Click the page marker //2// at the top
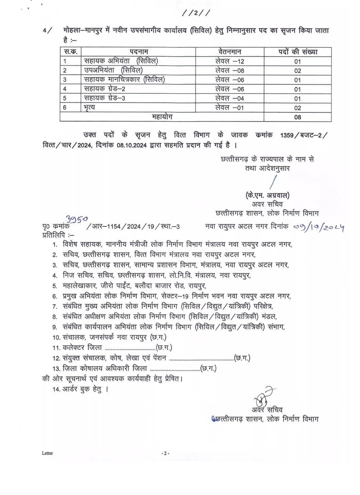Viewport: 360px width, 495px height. (196, 13)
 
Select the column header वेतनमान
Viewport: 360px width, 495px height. (230, 52)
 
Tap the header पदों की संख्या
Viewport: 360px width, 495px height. (298, 52)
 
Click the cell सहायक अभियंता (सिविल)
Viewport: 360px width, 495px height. (121, 61)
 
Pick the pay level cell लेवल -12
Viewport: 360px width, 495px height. (230, 61)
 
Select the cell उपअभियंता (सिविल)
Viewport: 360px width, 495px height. (113, 70)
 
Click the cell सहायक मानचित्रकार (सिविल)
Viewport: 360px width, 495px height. (124, 79)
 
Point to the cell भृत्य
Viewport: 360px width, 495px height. (90, 108)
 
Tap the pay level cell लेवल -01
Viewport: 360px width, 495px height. (230, 108)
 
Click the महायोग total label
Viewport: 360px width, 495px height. (162, 117)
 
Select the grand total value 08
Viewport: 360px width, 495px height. (298, 117)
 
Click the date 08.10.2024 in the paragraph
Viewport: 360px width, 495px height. (132, 145)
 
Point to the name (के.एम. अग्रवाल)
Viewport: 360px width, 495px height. (267, 195)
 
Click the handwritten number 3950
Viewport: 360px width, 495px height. (77, 219)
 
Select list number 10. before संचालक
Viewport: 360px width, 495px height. (56, 337)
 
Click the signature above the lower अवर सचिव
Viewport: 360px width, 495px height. (263, 396)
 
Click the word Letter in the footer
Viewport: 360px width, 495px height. (48, 453)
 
